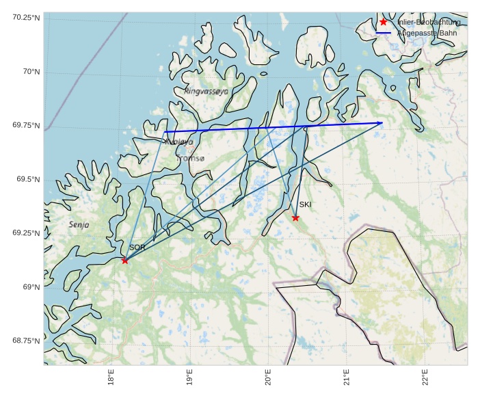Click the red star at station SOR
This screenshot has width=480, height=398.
pos(125,261)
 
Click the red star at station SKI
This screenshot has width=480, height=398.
pos(295,217)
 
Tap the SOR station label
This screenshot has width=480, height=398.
pos(137,248)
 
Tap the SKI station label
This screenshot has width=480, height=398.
pos(305,204)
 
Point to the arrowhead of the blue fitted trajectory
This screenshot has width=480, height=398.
pos(381,123)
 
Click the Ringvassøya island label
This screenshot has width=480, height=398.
pos(206,91)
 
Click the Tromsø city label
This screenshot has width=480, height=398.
pos(191,158)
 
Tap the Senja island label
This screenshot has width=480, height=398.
pos(79,224)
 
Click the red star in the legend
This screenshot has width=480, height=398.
pos(384,22)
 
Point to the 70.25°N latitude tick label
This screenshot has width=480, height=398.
pos(26,17)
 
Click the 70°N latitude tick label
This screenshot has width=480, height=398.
pos(31,71)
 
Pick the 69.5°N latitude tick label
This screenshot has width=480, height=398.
pos(28,179)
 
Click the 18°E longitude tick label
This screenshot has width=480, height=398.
pos(111,378)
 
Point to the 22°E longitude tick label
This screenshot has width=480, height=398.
pos(425,378)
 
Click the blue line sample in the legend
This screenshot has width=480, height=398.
pos(384,34)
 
